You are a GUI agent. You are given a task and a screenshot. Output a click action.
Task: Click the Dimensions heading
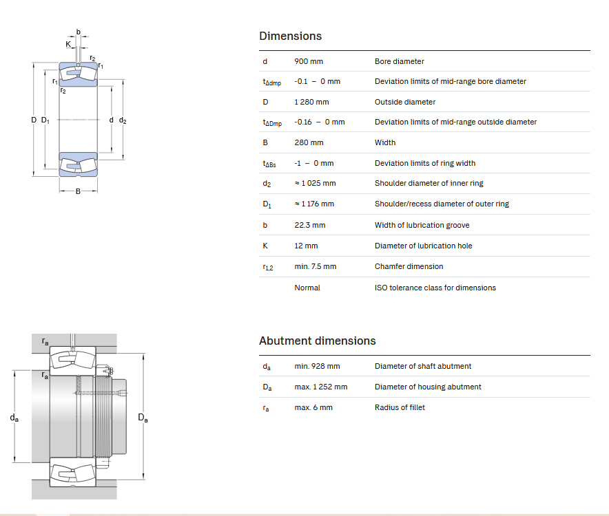(290, 36)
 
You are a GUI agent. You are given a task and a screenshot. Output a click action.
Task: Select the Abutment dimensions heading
(318, 341)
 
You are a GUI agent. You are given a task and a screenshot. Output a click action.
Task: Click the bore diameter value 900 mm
(309, 61)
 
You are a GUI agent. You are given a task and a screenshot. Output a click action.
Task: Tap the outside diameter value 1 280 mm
(311, 102)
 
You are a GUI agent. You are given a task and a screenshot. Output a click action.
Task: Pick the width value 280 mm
(309, 143)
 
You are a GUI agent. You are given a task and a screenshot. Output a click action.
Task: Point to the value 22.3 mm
(309, 225)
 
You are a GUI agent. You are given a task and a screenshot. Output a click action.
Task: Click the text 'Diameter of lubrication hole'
(424, 246)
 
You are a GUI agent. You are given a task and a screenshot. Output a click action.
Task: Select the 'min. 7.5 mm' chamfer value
(316, 266)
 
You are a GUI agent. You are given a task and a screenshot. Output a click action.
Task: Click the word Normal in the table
(307, 288)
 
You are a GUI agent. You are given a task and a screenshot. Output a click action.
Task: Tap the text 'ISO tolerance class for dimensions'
(435, 288)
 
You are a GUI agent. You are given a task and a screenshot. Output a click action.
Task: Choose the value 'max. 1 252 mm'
(321, 387)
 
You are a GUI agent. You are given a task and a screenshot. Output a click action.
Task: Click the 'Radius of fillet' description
(400, 407)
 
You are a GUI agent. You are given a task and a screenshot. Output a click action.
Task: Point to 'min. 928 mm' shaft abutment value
(317, 366)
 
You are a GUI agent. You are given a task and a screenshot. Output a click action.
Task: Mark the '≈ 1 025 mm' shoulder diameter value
(315, 183)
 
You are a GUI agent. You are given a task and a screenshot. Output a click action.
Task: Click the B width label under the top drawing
(78, 191)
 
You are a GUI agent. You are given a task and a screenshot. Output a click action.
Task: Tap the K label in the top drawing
(68, 44)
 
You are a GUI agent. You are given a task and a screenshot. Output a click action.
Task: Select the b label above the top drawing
(78, 32)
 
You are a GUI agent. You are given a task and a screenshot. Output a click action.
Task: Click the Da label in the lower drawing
(143, 418)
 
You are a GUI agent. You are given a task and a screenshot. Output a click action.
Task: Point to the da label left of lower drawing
(14, 418)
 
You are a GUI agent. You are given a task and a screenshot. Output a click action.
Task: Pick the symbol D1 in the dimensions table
(267, 204)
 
